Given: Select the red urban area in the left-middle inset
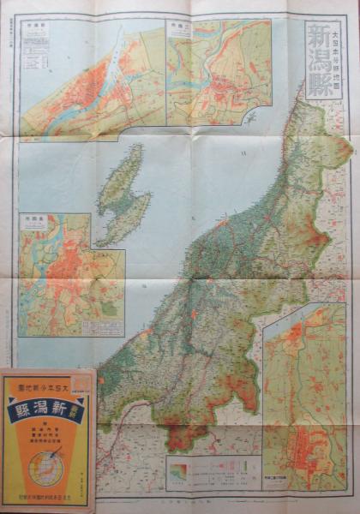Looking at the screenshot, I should click(56, 266).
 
